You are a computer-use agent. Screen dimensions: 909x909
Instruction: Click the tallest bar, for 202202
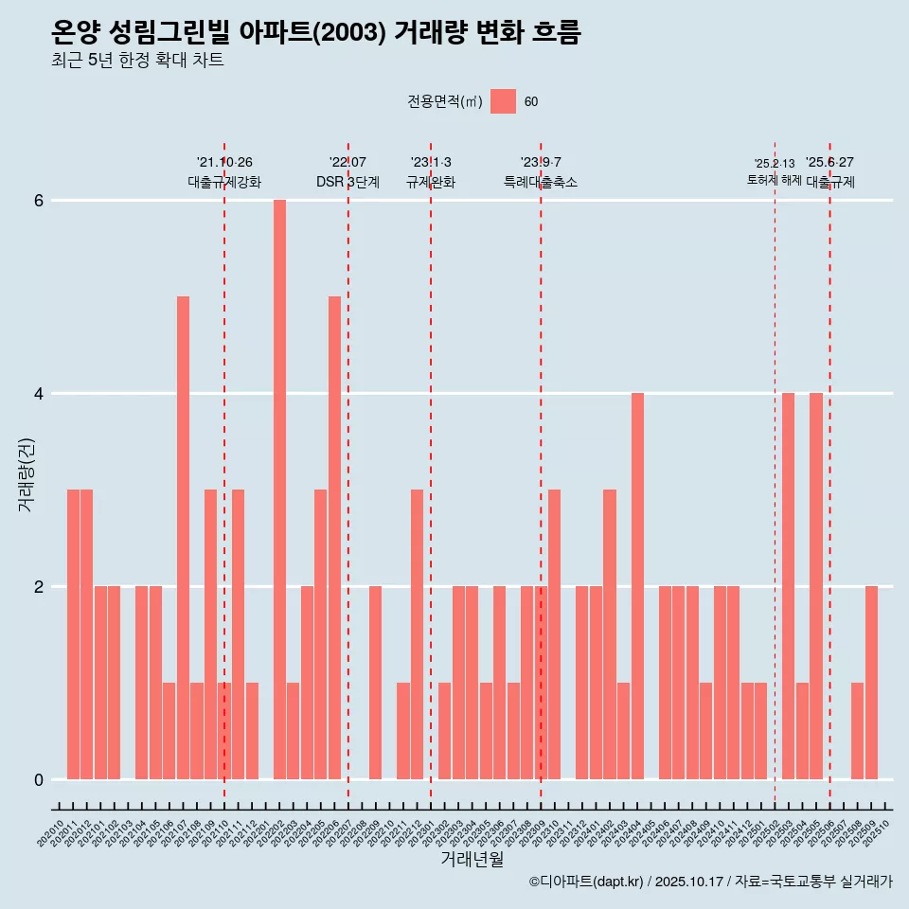click(x=279, y=490)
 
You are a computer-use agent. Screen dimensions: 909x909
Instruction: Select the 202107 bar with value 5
click(x=183, y=538)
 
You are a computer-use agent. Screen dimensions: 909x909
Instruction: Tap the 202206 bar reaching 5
click(x=334, y=538)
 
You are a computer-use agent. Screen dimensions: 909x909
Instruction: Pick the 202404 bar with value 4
click(x=637, y=586)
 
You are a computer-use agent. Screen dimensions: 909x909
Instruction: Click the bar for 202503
click(x=788, y=586)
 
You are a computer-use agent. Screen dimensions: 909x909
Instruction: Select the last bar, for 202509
click(x=871, y=683)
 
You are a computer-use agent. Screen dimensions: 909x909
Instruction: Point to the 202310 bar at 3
click(x=555, y=634)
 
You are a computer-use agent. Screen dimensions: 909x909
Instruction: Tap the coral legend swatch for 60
click(x=504, y=101)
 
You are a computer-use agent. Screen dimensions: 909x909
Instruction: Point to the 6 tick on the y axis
click(x=39, y=201)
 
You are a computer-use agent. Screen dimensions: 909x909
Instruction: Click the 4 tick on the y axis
click(x=39, y=394)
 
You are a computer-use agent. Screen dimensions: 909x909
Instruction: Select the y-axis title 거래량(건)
click(x=27, y=473)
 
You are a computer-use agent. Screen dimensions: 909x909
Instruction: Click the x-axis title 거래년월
click(x=472, y=859)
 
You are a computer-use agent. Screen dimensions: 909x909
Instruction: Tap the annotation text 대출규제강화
click(x=224, y=182)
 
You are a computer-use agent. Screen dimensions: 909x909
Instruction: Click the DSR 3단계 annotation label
click(x=348, y=182)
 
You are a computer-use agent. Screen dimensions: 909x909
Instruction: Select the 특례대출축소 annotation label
click(x=541, y=182)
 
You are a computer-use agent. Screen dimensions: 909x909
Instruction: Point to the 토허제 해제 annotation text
click(x=774, y=180)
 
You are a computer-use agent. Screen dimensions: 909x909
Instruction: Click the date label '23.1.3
click(x=431, y=163)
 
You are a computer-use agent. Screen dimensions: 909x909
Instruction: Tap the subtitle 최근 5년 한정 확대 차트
click(x=138, y=61)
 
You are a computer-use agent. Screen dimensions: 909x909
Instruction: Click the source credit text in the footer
click(x=710, y=882)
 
